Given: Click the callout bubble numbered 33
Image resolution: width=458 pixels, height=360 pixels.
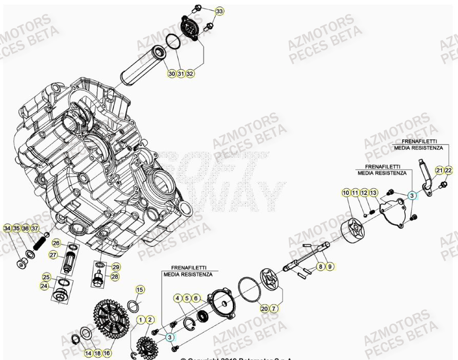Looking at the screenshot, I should [x=220, y=11].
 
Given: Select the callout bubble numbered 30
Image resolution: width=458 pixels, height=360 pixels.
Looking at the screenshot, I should [x=171, y=74].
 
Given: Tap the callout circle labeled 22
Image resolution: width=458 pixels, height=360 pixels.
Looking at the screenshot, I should [x=448, y=170].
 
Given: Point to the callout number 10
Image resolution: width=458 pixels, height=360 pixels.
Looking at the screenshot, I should [x=346, y=193].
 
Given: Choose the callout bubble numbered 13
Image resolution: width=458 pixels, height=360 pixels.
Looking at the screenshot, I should [x=374, y=193].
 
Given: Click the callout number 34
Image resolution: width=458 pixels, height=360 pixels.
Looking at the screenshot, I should [x=7, y=228].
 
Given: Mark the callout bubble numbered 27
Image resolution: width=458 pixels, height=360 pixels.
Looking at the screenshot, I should [x=53, y=255].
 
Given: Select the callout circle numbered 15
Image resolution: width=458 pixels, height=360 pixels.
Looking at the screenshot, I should [x=140, y=290].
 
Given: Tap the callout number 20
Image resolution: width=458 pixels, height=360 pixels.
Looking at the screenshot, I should [x=264, y=308].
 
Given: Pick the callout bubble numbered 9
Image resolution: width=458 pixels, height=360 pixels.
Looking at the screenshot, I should [x=330, y=266].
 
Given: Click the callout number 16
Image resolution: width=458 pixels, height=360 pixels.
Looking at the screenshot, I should [x=107, y=353].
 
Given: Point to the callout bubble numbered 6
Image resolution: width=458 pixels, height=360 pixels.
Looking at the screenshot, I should [x=195, y=298].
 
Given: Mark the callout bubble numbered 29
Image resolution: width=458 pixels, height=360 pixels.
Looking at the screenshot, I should [x=116, y=267].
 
